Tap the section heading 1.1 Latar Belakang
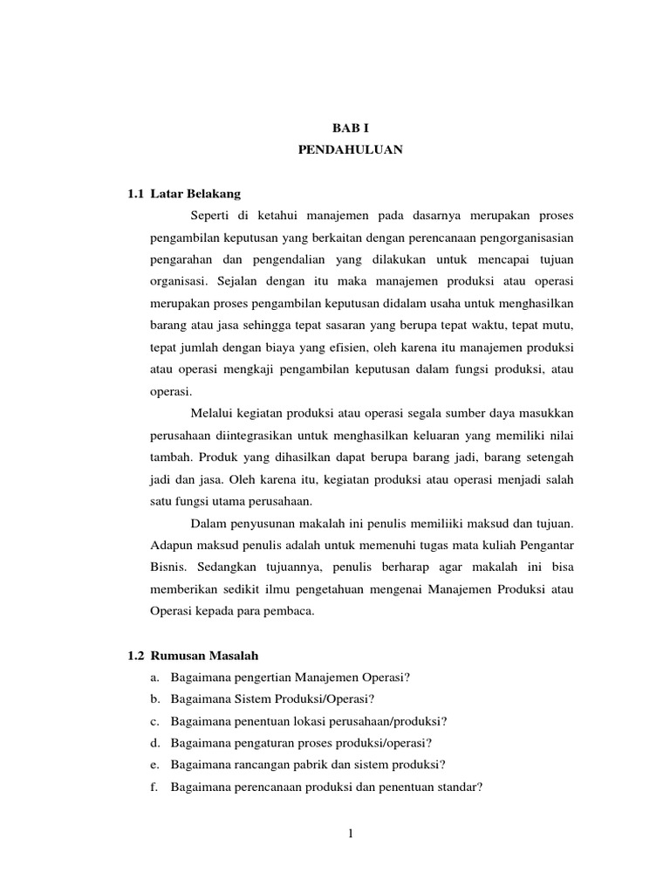pos(184,192)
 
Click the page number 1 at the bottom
pos(350,834)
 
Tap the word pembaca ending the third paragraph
pos(288,612)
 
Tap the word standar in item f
pos(461,787)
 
